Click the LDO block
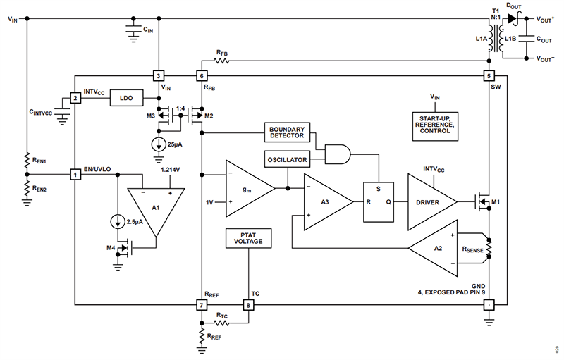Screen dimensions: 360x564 coord(126,98)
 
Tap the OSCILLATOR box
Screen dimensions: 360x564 coord(286,160)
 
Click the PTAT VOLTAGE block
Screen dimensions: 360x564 coord(247,239)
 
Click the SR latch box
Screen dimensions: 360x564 coord(379,201)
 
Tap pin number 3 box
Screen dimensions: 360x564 coord(159,75)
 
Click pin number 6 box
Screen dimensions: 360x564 coord(202,75)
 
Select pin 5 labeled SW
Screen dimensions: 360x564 coord(489,75)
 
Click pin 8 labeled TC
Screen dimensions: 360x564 coord(247,305)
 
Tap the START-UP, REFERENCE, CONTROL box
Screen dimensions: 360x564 coord(434,124)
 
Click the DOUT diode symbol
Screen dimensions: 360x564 coord(511,18)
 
